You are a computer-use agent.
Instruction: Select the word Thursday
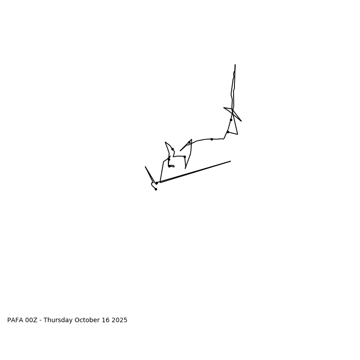(x=58, y=320)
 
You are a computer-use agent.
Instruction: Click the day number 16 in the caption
(x=106, y=320)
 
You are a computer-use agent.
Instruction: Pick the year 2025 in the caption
(x=120, y=320)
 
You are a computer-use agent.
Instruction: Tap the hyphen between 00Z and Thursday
(x=40, y=320)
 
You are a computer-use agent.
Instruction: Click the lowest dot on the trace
(x=156, y=189)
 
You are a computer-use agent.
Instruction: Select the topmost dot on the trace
(x=231, y=120)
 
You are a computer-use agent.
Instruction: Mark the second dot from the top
(x=228, y=132)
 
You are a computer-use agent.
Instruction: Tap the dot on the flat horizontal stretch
(x=211, y=139)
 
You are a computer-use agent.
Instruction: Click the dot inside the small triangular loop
(x=189, y=143)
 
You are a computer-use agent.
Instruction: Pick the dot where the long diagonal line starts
(x=157, y=183)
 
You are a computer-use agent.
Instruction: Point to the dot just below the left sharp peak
(x=172, y=149)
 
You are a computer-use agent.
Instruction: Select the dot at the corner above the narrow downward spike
(x=184, y=157)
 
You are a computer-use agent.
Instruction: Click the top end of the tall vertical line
(x=235, y=65)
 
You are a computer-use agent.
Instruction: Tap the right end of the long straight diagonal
(x=230, y=161)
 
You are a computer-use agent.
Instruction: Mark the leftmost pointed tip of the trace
(x=145, y=167)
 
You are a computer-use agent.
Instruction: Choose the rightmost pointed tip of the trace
(x=241, y=121)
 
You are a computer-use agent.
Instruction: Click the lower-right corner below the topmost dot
(x=238, y=134)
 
